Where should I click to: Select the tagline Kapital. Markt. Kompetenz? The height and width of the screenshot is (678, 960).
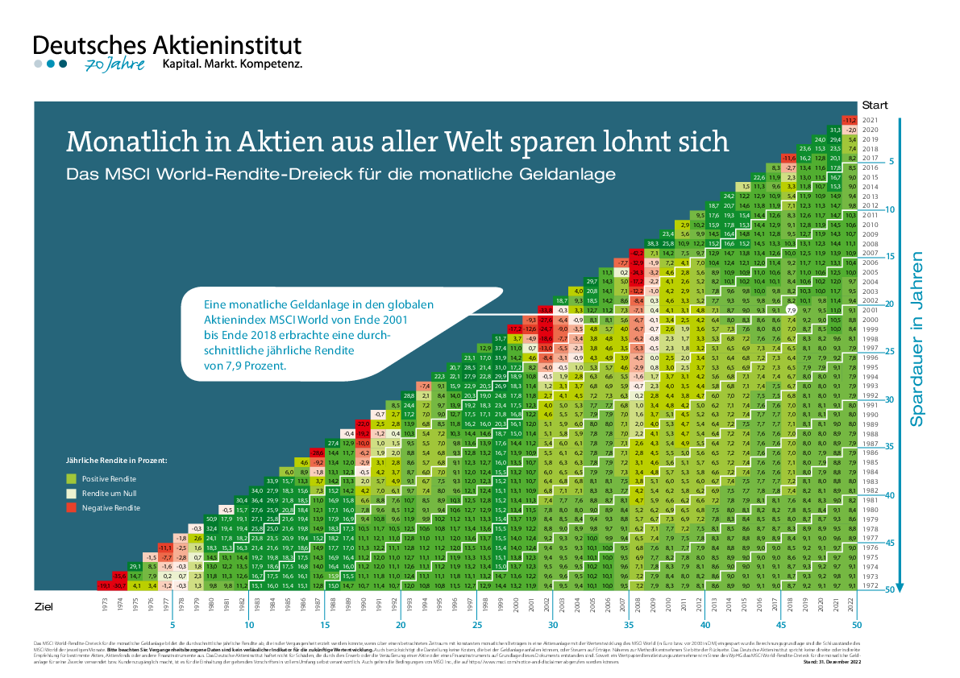[232, 63]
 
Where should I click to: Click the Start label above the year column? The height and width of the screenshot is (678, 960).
[874, 105]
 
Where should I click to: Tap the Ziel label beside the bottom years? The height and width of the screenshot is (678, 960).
[44, 603]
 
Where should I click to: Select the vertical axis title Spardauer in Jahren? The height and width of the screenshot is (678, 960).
[916, 338]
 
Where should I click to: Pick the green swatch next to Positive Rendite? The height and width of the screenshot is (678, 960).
[70, 479]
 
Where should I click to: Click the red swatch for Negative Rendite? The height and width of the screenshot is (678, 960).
[70, 508]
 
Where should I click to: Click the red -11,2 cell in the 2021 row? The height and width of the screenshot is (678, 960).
[849, 120]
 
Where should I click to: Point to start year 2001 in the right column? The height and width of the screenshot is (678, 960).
[870, 309]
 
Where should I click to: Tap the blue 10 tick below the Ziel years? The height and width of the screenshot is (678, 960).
[249, 624]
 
